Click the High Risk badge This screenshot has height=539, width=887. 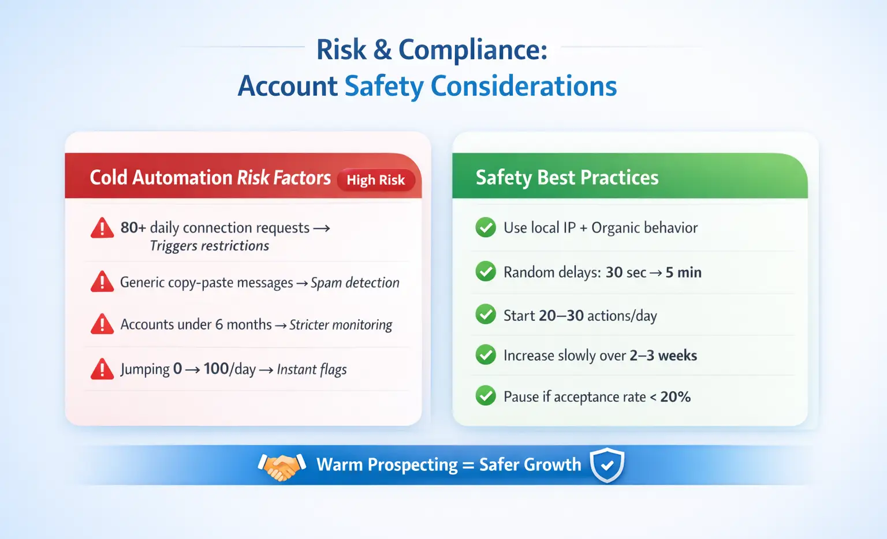point(376,180)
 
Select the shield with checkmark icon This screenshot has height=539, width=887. point(607,465)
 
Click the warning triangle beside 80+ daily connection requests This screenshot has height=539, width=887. point(102,228)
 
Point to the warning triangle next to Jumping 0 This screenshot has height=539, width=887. point(102,369)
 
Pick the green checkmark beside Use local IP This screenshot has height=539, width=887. point(486,227)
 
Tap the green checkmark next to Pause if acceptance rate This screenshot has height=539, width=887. point(486,396)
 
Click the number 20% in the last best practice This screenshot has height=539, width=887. point(676,396)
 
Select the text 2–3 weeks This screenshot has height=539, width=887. point(664,355)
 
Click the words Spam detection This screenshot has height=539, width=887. point(355,283)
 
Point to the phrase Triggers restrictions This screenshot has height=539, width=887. point(210,246)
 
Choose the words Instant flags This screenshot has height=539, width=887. point(312,369)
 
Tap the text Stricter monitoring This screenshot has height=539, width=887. point(341,325)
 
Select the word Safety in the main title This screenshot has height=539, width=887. point(384,86)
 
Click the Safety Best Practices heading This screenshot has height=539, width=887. point(567,177)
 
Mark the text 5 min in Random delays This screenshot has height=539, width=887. point(684,272)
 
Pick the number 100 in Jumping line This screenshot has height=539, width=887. point(216,369)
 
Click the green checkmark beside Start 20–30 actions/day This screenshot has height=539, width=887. point(486,314)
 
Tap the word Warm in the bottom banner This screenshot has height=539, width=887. point(340,465)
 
